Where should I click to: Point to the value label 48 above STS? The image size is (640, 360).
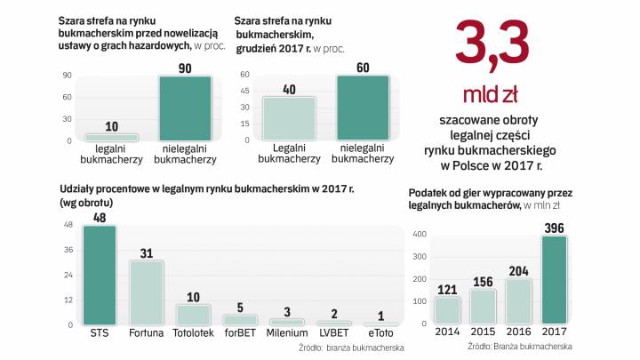[x=100, y=217]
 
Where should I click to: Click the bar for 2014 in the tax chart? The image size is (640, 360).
[x=448, y=310]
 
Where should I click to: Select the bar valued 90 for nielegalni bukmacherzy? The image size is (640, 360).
[x=185, y=108]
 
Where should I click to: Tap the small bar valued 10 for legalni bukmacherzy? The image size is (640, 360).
[x=111, y=137]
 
